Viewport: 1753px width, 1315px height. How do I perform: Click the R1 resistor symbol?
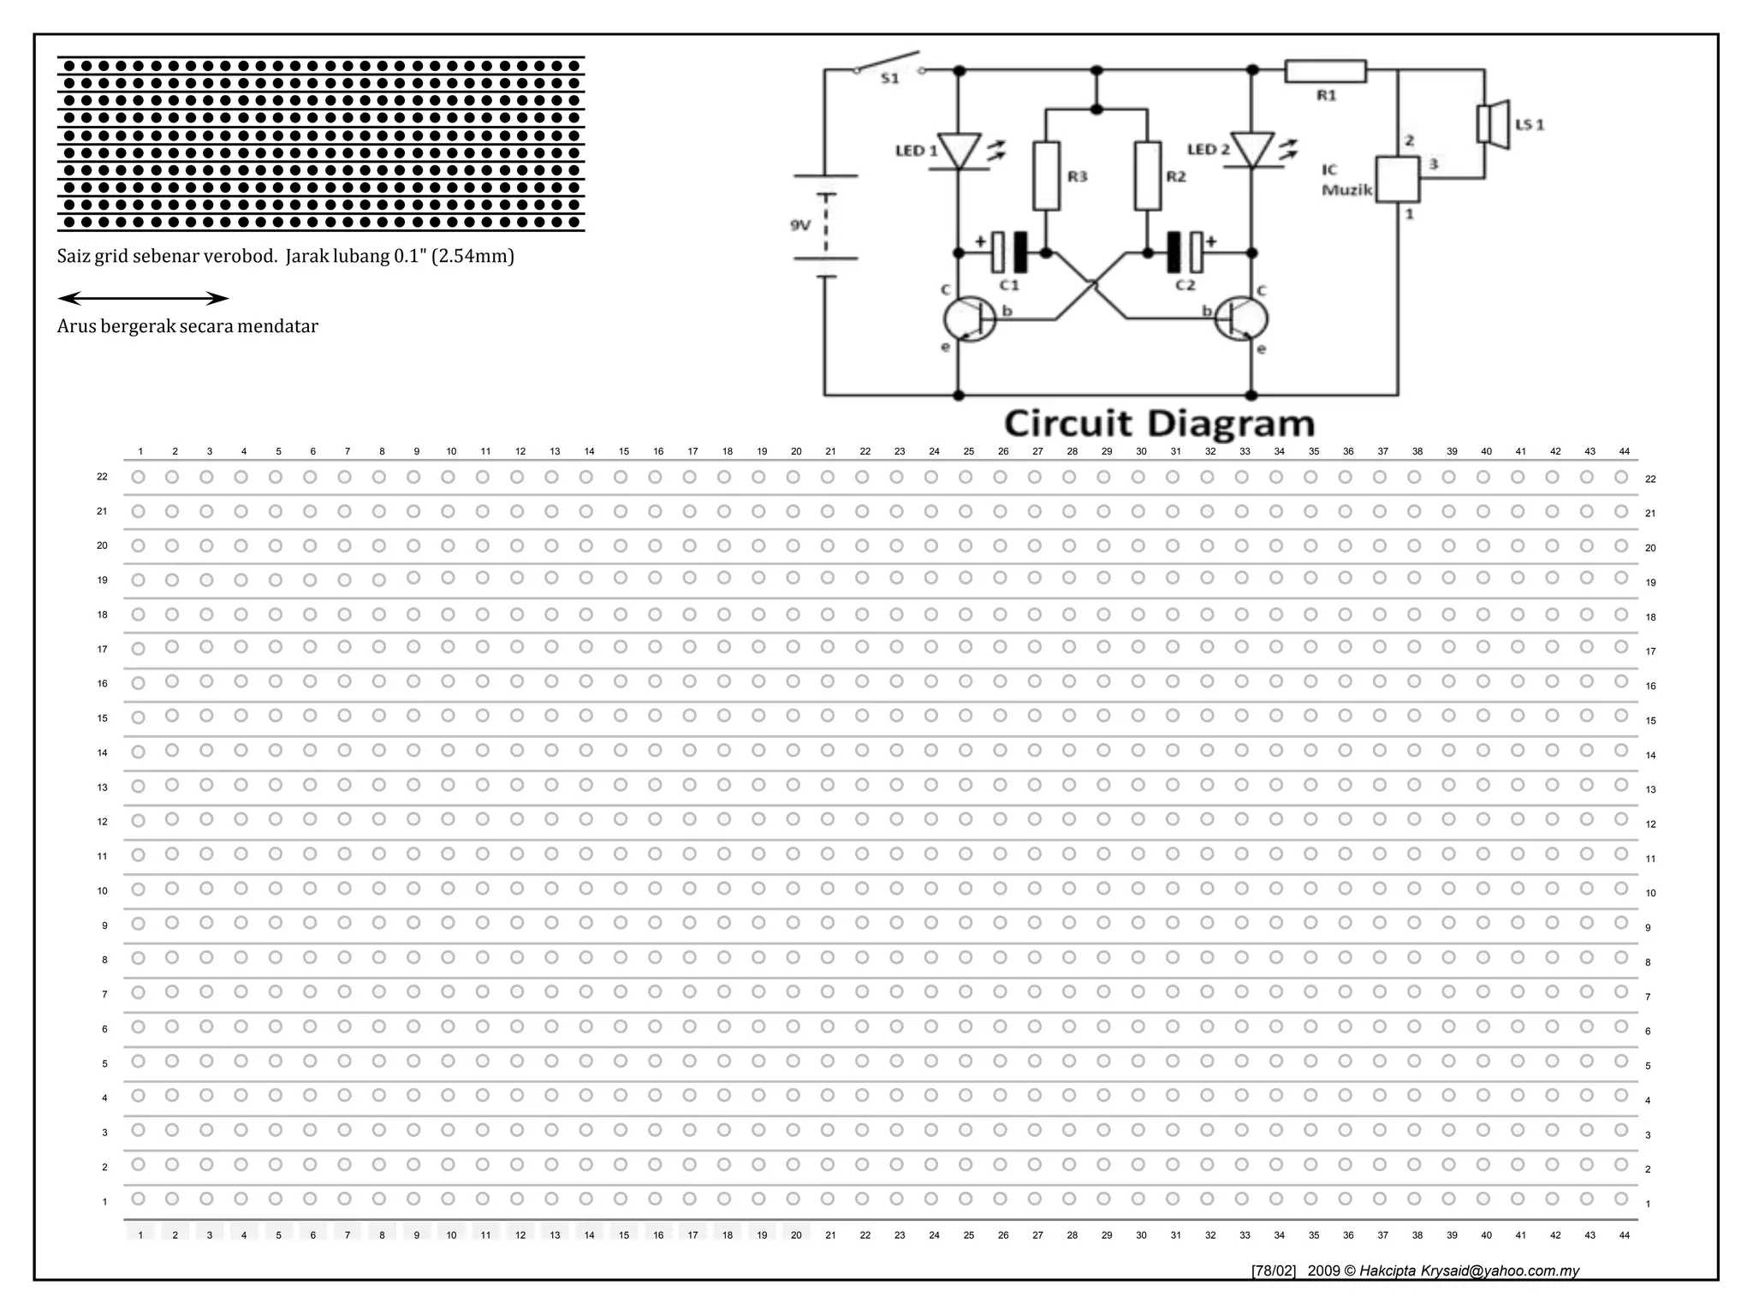[x=1325, y=71]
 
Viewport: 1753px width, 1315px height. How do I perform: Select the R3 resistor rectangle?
[x=1046, y=176]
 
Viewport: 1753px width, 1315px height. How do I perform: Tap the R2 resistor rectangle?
[x=1148, y=176]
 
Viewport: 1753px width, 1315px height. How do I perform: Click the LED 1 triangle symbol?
[x=959, y=151]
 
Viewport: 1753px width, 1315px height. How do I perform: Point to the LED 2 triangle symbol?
[x=1251, y=150]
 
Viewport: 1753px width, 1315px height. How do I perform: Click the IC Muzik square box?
[x=1397, y=179]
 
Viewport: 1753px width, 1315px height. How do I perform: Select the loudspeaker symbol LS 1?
[x=1493, y=124]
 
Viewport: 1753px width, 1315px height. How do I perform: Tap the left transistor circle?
[x=969, y=318]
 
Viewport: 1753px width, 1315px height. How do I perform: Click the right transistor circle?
[x=1242, y=318]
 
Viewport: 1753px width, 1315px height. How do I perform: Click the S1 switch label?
[x=890, y=79]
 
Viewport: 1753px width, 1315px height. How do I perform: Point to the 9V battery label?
[x=799, y=225]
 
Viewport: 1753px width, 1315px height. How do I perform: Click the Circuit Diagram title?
[x=1159, y=424]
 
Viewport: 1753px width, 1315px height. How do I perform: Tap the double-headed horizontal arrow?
[x=143, y=299]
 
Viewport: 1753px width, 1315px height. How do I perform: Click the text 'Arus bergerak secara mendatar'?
[x=187, y=326]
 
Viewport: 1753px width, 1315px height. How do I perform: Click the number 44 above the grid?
[x=1625, y=451]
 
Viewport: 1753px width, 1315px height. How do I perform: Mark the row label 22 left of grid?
[x=102, y=477]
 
